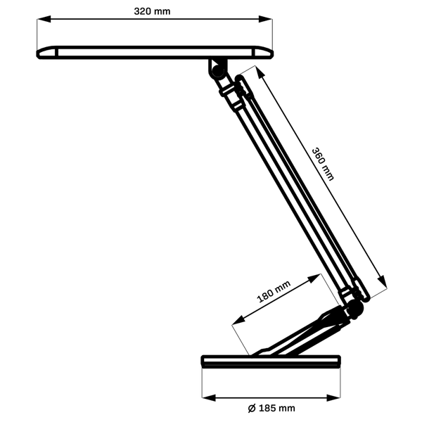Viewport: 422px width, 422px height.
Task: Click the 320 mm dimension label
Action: tap(152, 11)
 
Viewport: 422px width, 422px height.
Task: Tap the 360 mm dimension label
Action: tap(323, 164)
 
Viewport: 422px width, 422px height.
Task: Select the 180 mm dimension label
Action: tap(274, 291)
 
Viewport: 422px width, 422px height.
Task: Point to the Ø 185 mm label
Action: tap(271, 408)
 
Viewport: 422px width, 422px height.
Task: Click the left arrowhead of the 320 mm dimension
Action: tap(44, 19)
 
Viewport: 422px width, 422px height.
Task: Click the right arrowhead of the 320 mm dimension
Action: tap(265, 19)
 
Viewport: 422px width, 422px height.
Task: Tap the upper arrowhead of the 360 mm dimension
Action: tap(260, 72)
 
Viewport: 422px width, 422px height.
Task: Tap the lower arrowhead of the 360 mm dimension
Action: tap(382, 281)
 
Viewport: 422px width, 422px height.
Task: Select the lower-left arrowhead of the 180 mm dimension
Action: tap(238, 321)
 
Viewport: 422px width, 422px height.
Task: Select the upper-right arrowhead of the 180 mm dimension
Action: tap(314, 279)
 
